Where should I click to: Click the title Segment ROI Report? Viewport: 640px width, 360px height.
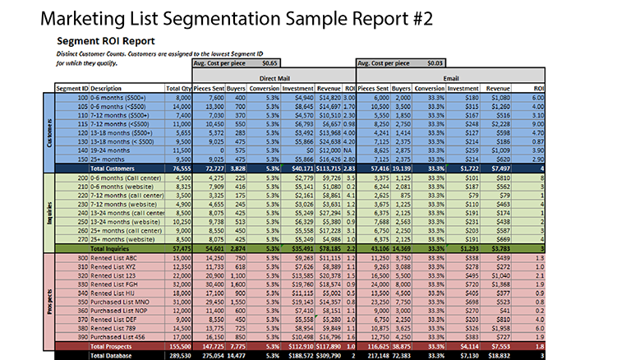[106, 40]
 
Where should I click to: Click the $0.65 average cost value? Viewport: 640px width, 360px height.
[269, 62]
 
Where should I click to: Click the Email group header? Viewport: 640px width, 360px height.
[451, 75]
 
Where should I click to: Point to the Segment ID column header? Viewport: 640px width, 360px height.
[71, 87]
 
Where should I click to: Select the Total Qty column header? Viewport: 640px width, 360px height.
[177, 87]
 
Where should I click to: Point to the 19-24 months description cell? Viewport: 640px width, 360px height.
[110, 150]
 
